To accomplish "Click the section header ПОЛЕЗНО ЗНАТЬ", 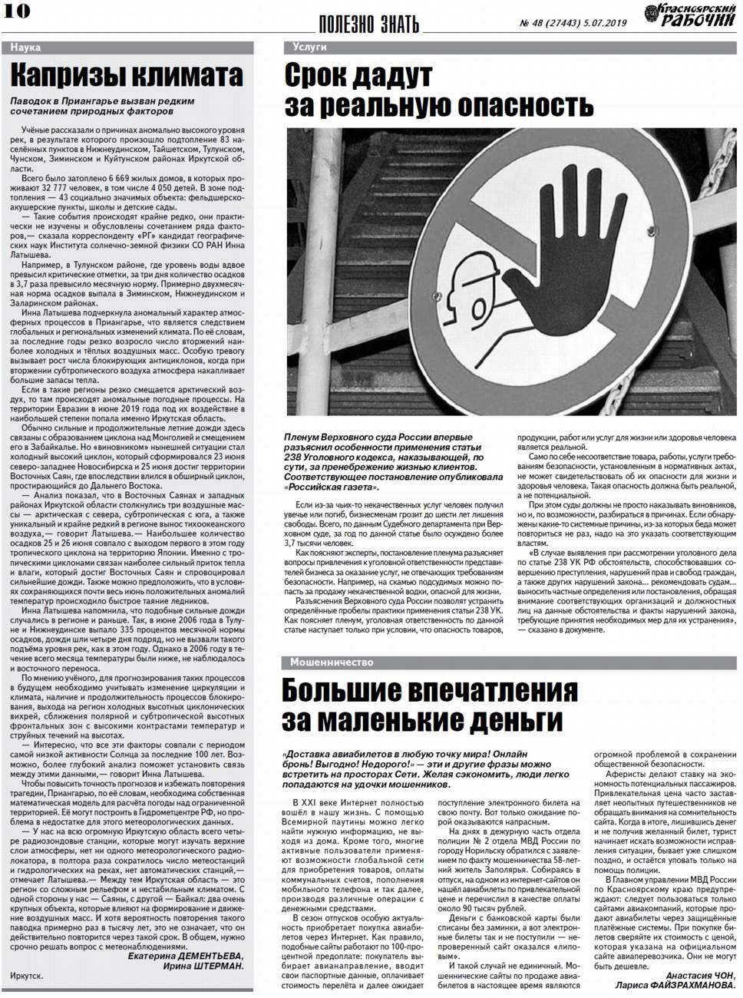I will pos(368,25).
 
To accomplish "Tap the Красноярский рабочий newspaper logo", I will pos(689,15).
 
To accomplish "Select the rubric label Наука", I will pos(26,48).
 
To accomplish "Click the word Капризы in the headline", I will pos(68,77).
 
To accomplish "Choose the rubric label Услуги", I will pos(309,47).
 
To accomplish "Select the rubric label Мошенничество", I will pos(332,662).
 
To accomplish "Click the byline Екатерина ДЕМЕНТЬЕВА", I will pos(185,956).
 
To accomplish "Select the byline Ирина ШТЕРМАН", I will pos(203,966).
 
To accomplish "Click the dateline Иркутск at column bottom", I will pos(27,976).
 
